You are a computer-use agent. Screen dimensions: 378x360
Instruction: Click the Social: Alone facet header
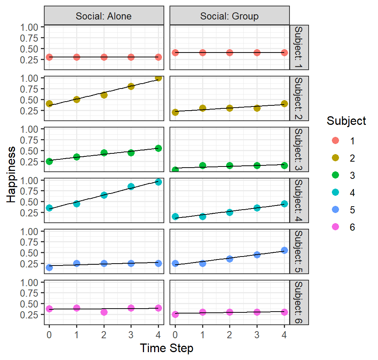[104, 16]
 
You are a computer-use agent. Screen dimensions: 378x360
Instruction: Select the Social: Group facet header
[229, 16]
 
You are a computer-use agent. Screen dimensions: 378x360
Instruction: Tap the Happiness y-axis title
[11, 175]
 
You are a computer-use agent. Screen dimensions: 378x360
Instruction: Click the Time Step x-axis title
[166, 348]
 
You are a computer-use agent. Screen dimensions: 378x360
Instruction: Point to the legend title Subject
[346, 121]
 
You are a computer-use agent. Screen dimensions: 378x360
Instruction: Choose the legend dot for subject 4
[335, 192]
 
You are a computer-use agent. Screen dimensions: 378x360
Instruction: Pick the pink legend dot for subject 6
[335, 226]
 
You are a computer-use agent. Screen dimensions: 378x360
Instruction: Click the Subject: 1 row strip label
[299, 47]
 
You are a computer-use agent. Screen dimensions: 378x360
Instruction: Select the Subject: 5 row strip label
[299, 252]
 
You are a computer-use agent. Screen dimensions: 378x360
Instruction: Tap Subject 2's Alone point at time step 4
[158, 78]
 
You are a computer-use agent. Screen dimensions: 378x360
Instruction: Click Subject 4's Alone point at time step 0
[49, 208]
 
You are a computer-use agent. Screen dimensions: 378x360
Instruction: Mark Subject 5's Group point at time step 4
[284, 250]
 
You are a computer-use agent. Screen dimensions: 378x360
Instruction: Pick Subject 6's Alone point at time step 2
[104, 312]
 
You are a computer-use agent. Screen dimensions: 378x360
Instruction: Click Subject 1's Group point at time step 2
[230, 52]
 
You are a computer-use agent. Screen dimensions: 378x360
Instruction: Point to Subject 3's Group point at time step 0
[175, 170]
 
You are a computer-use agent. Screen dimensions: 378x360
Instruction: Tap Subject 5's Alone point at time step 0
[49, 267]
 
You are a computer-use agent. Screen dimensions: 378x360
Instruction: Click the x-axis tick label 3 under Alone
[131, 334]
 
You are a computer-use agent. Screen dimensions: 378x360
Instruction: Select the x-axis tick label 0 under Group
[175, 334]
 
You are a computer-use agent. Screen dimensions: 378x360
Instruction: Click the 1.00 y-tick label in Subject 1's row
[29, 27]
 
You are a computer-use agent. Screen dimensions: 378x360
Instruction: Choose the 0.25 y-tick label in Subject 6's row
[29, 315]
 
